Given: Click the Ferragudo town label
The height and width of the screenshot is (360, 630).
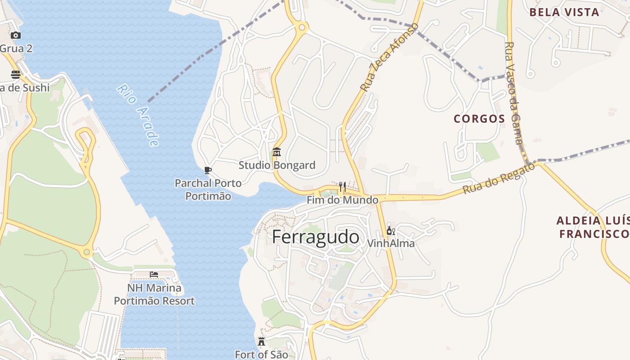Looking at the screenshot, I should point(315,237).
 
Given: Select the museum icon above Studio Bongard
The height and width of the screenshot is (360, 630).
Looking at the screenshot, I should point(277,152).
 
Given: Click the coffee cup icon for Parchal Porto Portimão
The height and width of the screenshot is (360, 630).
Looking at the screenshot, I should point(207,170).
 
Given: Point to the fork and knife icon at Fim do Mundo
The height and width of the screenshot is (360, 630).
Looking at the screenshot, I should point(342,187).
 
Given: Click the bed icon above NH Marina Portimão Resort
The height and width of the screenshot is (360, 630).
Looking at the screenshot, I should point(154,274).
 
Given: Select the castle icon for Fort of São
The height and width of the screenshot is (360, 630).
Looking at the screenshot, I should point(261,341).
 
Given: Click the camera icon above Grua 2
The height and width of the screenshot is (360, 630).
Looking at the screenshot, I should point(16,35).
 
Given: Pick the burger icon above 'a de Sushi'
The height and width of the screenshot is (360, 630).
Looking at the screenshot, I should point(16,74).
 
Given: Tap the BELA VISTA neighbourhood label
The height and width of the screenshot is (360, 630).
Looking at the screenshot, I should point(564,12).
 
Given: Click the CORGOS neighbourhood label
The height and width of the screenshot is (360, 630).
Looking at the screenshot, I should point(479,119).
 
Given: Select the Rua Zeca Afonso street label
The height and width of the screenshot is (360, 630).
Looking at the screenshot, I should point(390,57).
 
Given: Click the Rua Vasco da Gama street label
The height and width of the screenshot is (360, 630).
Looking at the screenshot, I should point(514,93).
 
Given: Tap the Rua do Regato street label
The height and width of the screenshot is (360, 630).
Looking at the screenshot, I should point(499,178).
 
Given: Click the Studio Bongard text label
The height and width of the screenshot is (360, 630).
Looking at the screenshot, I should point(277,165).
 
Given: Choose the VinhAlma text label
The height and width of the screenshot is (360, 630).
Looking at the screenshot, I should point(391,243).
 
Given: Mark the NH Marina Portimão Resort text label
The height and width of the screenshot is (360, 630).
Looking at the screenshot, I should point(154,294).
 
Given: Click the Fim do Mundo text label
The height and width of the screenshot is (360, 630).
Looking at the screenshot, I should point(342,200).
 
